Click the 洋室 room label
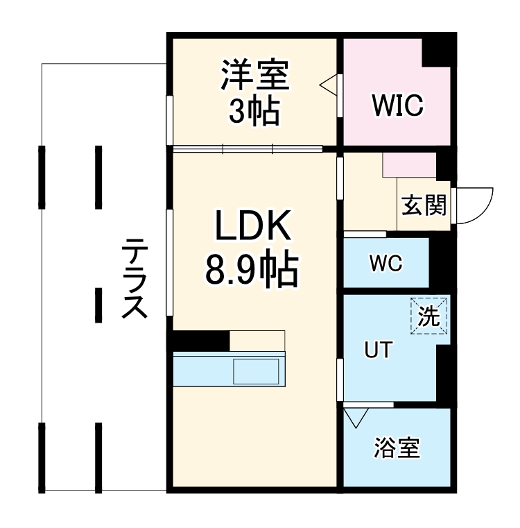point(254,75)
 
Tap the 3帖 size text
point(254,110)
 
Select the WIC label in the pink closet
point(397,106)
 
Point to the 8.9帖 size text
point(251,270)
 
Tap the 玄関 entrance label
point(424,206)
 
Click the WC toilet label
point(385,264)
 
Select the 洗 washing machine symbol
point(430,316)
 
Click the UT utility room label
point(378,350)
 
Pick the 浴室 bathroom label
point(397,448)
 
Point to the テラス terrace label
point(135,278)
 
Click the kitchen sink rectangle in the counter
point(257,372)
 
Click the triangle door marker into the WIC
point(329,85)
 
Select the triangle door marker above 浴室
point(356,418)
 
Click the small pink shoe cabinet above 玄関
point(409,165)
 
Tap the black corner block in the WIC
point(438,53)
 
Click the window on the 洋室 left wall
point(169,119)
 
